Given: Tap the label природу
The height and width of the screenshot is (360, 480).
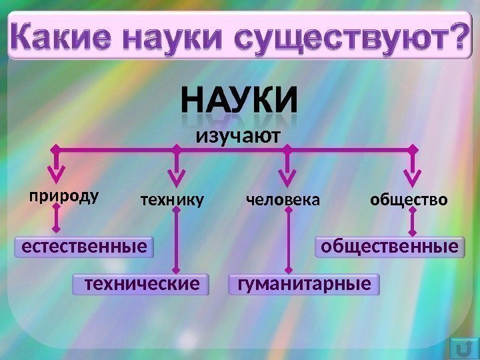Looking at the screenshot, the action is [63, 197].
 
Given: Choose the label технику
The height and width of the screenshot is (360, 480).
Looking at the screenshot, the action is [171, 199].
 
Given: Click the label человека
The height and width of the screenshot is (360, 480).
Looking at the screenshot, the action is [283, 199].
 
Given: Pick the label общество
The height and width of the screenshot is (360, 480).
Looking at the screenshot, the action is [409, 199].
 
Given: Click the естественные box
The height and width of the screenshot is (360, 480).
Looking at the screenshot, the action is [83, 247].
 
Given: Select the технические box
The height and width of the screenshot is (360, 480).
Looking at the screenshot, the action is [139, 285].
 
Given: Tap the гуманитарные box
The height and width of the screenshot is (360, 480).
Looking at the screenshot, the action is [303, 285].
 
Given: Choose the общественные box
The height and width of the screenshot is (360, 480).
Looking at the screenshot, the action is [389, 247].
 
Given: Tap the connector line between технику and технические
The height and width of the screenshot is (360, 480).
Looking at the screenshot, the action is [177, 240].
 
